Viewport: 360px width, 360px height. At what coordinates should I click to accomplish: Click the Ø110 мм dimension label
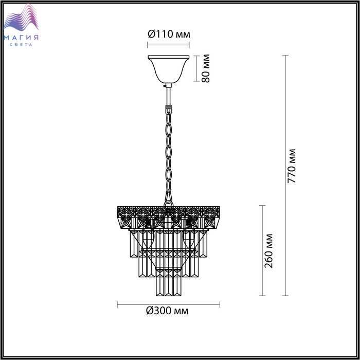point(169,34)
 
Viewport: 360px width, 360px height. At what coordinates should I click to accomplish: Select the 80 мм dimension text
point(206,68)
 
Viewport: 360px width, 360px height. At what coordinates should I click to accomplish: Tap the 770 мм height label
point(292,166)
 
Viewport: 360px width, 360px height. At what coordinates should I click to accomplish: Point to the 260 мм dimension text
point(268,251)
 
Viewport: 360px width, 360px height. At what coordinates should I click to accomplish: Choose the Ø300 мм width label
point(167,311)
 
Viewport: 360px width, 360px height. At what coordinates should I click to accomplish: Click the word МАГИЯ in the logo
point(21,38)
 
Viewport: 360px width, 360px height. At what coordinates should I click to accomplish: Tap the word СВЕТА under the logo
point(21,45)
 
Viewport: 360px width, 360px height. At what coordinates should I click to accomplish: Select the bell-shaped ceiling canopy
point(169,69)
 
